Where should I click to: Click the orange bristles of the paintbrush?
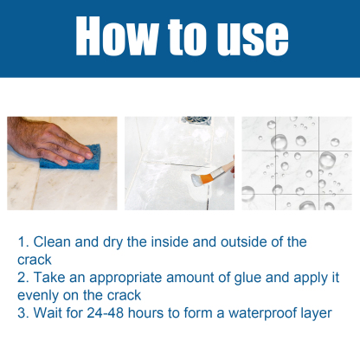[209, 175]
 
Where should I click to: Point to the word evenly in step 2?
[37, 294]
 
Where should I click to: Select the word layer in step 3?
[315, 312]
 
